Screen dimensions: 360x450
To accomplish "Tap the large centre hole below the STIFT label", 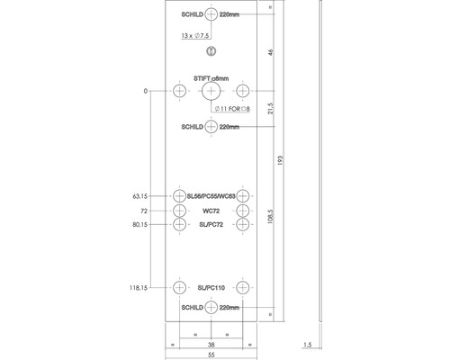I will click(x=211, y=92).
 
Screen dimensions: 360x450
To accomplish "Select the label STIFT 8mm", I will click(x=211, y=79).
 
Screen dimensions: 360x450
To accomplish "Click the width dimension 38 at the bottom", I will click(x=211, y=343).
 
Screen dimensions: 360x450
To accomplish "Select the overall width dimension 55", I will click(x=211, y=355).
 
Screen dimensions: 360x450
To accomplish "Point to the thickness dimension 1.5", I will click(x=309, y=343).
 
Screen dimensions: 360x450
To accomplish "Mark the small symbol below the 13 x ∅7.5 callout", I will click(x=211, y=51).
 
